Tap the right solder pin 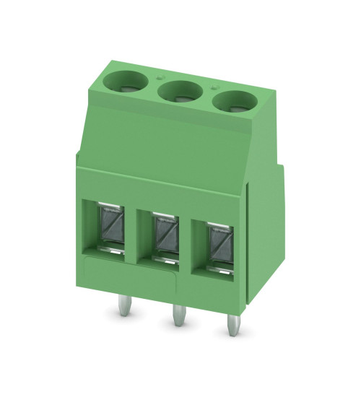click(x=232, y=326)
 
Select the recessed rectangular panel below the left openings click(x=126, y=267)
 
